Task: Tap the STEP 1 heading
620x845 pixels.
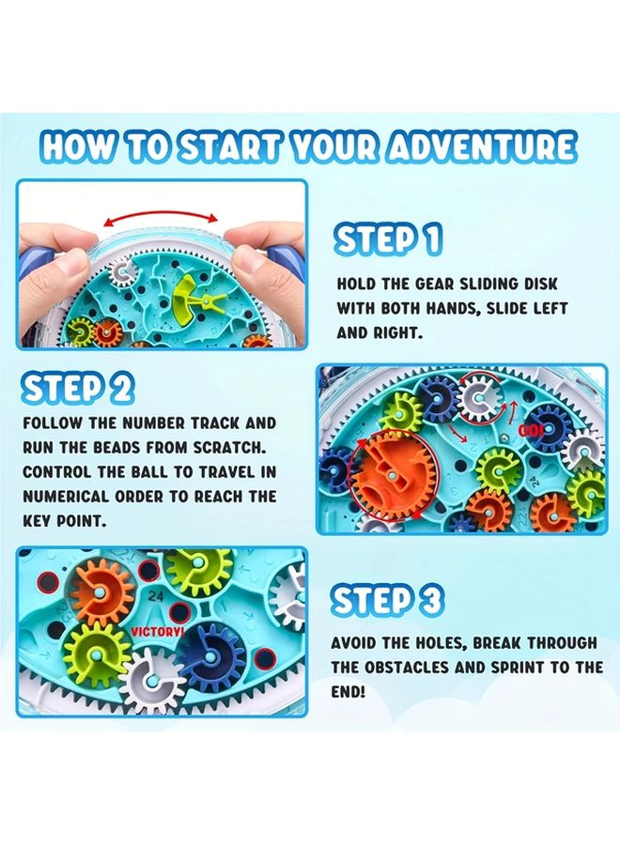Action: [x=388, y=240]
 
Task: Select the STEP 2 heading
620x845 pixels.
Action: [x=78, y=388]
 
